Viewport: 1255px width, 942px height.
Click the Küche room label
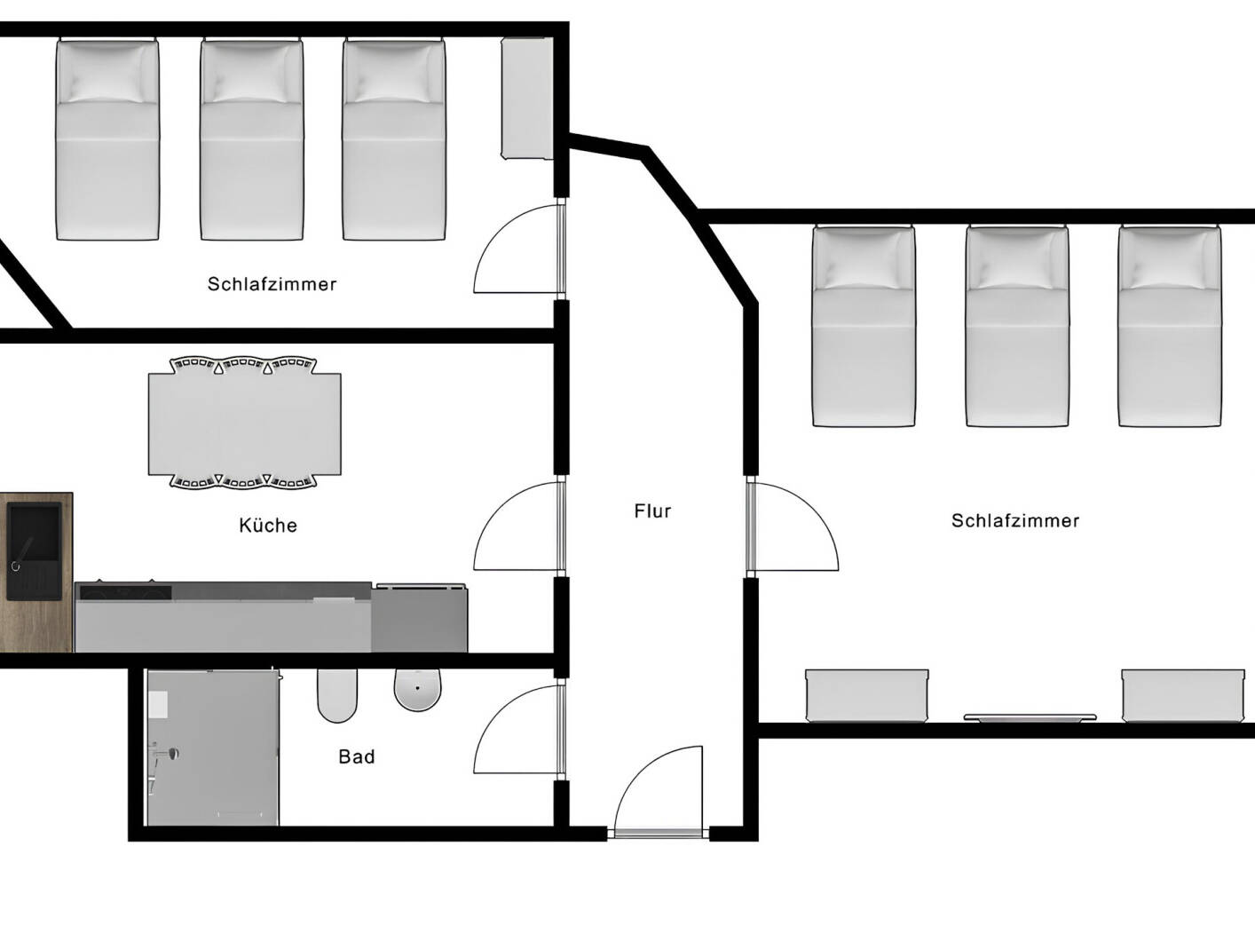pyautogui.click(x=268, y=526)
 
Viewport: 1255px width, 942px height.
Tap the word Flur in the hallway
pyautogui.click(x=652, y=511)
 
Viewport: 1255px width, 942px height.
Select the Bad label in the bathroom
pyautogui.click(x=356, y=757)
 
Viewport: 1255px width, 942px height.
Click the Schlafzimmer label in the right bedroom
pyautogui.click(x=1015, y=521)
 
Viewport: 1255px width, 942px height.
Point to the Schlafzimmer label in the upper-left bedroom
pyautogui.click(x=272, y=284)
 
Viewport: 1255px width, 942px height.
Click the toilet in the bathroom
pyautogui.click(x=336, y=694)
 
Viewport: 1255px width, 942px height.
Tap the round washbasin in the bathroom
pyautogui.click(x=418, y=690)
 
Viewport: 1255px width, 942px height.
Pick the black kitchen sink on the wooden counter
pyautogui.click(x=34, y=549)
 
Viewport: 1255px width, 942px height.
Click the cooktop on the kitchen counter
pyautogui.click(x=124, y=591)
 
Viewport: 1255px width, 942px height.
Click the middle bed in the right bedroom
pyautogui.click(x=1016, y=327)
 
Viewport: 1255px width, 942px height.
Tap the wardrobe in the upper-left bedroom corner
pyautogui.click(x=527, y=99)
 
